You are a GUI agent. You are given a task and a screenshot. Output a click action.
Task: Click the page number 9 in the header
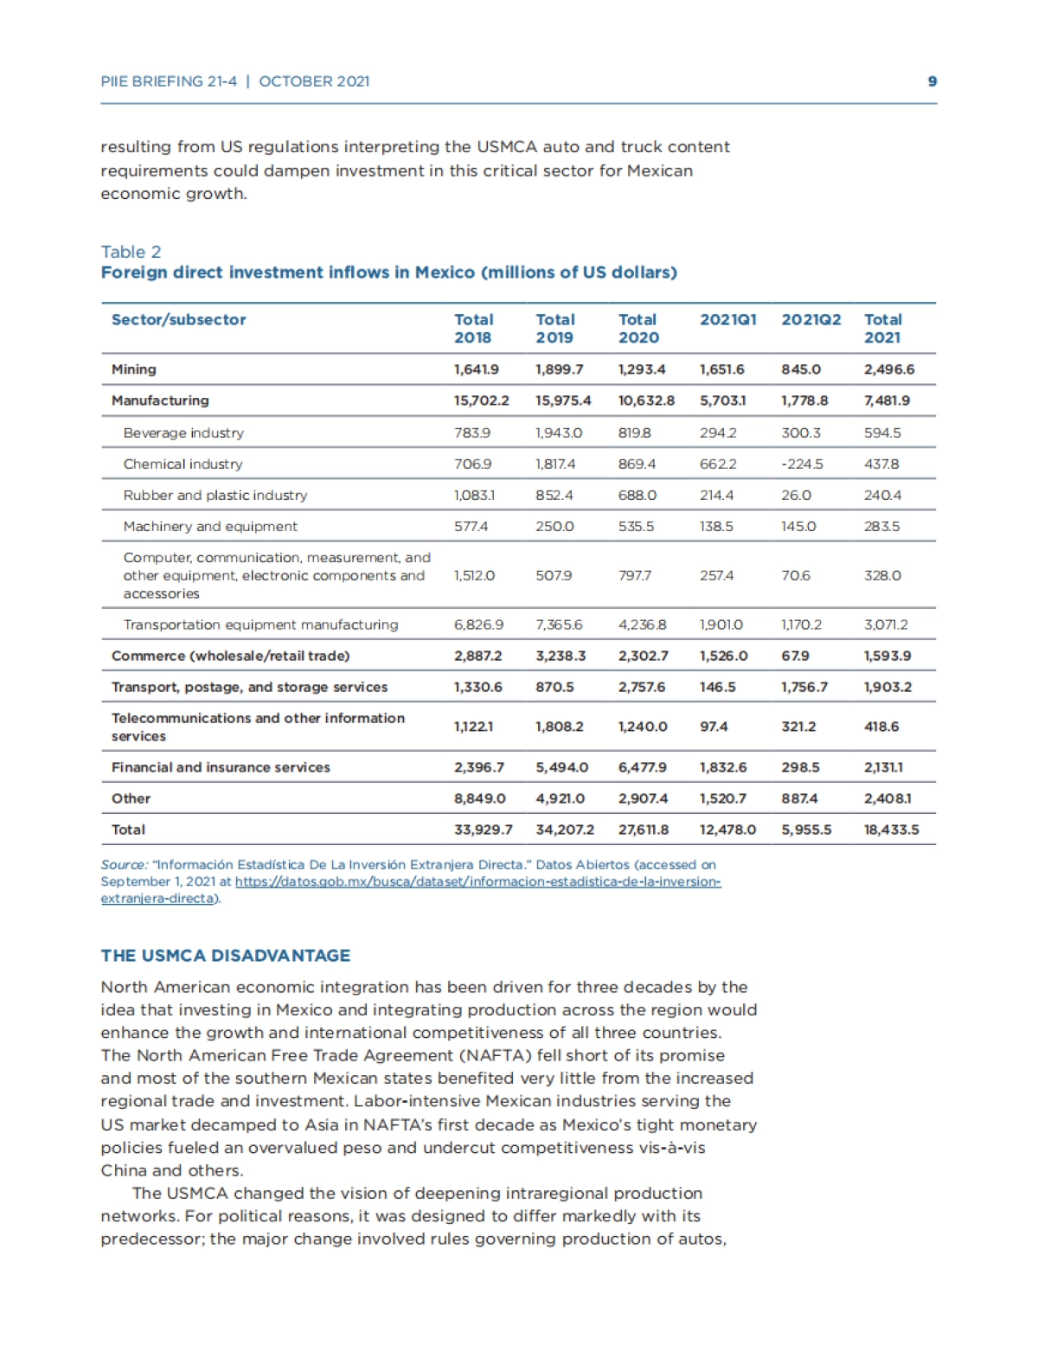click(932, 81)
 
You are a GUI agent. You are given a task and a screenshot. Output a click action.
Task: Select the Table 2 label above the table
click(131, 252)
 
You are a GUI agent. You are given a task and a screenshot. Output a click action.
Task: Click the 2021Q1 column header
click(727, 320)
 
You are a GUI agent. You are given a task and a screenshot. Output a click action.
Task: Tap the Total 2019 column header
click(554, 329)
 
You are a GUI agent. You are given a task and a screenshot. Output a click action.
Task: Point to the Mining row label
click(134, 369)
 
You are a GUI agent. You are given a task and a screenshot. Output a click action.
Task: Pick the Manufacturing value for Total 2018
click(481, 400)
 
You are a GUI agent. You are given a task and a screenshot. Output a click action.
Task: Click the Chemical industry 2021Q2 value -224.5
click(802, 464)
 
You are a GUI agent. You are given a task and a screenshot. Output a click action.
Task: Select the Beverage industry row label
click(183, 432)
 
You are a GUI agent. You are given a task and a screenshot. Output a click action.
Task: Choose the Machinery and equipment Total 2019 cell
click(554, 526)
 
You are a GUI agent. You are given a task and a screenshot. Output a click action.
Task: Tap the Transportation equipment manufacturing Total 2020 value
click(642, 624)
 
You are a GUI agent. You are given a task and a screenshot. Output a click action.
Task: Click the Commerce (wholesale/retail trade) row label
click(230, 656)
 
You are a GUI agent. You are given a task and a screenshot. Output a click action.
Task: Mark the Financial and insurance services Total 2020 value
click(642, 767)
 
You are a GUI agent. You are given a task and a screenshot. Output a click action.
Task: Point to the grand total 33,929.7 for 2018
click(483, 829)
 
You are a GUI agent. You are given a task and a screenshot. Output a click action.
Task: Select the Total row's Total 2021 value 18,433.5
click(891, 829)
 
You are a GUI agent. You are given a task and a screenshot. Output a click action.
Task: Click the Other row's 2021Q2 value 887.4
click(799, 798)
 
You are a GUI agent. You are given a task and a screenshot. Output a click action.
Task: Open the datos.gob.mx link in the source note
click(477, 881)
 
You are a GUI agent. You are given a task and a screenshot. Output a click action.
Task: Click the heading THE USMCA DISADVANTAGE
click(225, 956)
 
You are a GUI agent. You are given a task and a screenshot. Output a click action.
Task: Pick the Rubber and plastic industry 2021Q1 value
click(718, 495)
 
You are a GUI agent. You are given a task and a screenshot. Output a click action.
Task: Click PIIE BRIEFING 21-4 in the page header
click(169, 81)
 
